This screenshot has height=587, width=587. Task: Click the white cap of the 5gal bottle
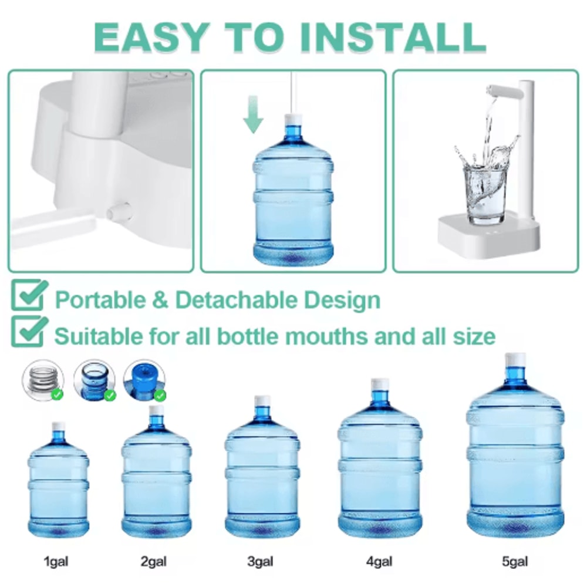pyautogui.click(x=515, y=360)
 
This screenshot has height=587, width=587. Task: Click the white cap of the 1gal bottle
pyautogui.click(x=58, y=427)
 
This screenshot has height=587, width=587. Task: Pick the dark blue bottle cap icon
pyautogui.click(x=143, y=380)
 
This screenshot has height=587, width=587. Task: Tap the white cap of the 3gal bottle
pyautogui.click(x=262, y=401)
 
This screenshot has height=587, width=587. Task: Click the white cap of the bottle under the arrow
pyautogui.click(x=293, y=120)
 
